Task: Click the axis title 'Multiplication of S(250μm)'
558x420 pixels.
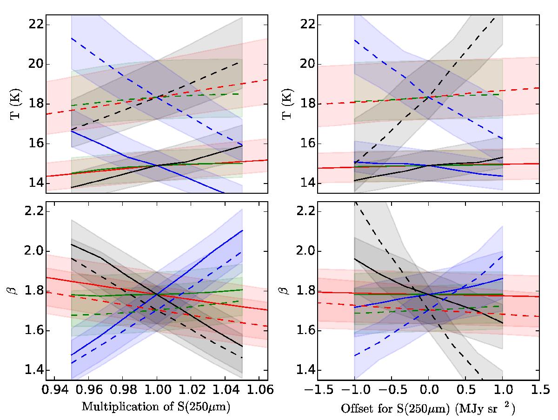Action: tap(157, 408)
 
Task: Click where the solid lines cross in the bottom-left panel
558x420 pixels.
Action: tap(157, 294)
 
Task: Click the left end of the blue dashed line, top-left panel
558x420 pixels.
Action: tap(71, 38)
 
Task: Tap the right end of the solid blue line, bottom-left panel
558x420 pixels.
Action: tap(242, 230)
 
